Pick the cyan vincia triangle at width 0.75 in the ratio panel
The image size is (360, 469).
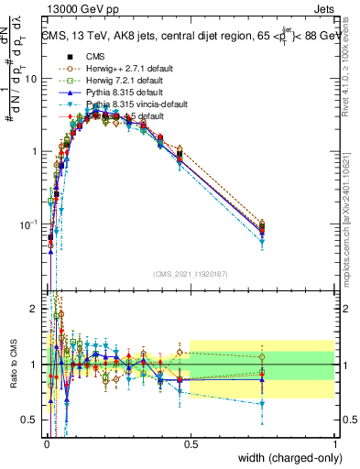[x=262, y=403]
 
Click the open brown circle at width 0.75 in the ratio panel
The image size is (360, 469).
[x=262, y=357]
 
